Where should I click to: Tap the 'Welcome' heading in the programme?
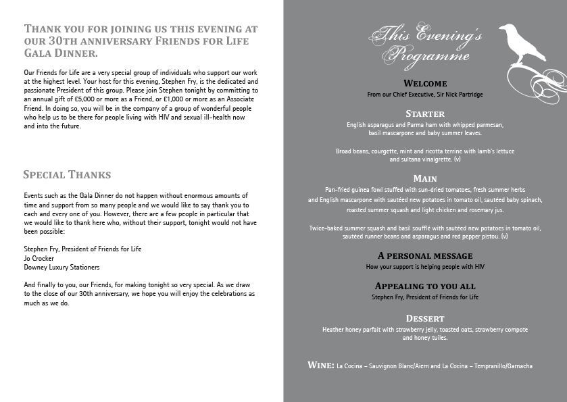(x=425, y=83)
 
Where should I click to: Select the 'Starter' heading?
(x=425, y=114)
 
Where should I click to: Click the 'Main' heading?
(x=425, y=178)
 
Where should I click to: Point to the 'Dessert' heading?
(x=425, y=318)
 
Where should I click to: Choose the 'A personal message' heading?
(x=425, y=256)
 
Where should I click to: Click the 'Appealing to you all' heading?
(x=425, y=286)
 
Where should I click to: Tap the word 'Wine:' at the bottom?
(x=321, y=366)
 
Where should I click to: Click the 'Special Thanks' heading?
(x=67, y=175)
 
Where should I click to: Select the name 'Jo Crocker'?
(x=39, y=258)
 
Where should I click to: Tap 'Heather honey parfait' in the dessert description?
(x=354, y=330)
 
